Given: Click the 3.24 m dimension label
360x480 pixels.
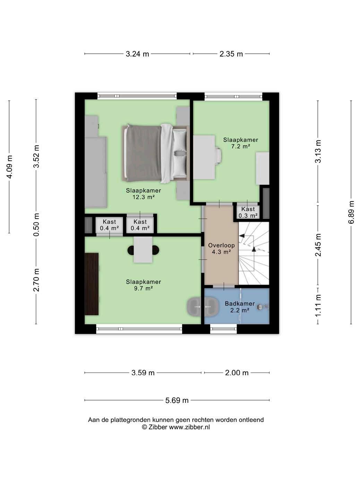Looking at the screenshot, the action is (137, 54).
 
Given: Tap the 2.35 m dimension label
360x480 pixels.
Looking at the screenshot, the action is (231, 54).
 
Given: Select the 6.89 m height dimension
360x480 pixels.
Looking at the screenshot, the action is (351, 212).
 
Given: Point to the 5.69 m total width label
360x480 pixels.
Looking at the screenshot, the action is (177, 400).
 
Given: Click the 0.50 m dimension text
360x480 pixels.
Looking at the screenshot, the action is (36, 224).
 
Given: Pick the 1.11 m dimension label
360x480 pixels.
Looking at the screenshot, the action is (318, 305).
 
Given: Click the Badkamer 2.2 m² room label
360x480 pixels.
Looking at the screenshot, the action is (240, 307).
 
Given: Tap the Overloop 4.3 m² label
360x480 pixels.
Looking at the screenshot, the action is (221, 248).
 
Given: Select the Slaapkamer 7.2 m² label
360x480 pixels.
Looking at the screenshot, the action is (240, 143).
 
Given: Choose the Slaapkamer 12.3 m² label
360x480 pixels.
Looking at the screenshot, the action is (143, 194).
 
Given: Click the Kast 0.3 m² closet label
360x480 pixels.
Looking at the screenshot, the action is (248, 212).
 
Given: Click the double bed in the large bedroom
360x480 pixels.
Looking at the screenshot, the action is (155, 153).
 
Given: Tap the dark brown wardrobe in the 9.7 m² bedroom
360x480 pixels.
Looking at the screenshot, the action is (92, 284).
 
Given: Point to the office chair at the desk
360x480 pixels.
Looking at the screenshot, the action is (218, 156).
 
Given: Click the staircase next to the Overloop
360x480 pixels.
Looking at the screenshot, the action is (254, 253).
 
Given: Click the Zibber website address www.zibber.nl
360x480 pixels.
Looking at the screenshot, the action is (189, 427).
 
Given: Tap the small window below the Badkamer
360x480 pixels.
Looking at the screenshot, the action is (223, 328).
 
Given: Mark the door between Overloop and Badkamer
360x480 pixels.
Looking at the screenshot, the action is (224, 286).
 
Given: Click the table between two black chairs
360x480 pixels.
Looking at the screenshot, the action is (143, 250).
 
